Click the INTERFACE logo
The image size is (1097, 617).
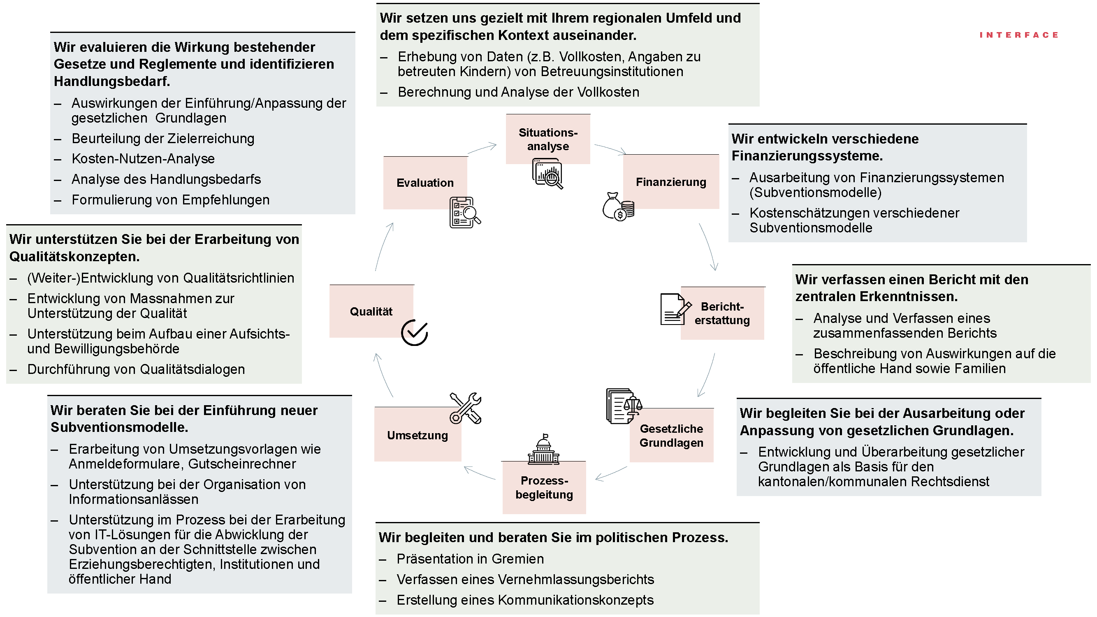coord(1018,35)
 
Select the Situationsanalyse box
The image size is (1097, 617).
coord(547,139)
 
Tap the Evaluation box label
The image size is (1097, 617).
coord(424,183)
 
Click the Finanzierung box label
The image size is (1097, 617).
coord(671,182)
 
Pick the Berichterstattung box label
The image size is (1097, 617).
coord(722,313)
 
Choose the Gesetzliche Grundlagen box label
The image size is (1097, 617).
coord(671,435)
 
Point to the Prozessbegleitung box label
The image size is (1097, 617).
coord(544,487)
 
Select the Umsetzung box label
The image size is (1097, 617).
coord(417,435)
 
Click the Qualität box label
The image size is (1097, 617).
coord(371,311)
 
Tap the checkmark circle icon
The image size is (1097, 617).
coord(414,332)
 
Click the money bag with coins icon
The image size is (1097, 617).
coord(618,207)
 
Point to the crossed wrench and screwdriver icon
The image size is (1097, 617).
coord(465,408)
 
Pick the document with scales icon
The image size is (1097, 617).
coord(623,406)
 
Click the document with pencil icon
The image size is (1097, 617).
coord(675,310)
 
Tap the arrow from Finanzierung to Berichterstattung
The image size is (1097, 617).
coord(709,247)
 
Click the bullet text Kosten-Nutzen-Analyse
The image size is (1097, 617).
coord(143,158)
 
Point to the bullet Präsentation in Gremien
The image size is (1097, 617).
coord(470,559)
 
